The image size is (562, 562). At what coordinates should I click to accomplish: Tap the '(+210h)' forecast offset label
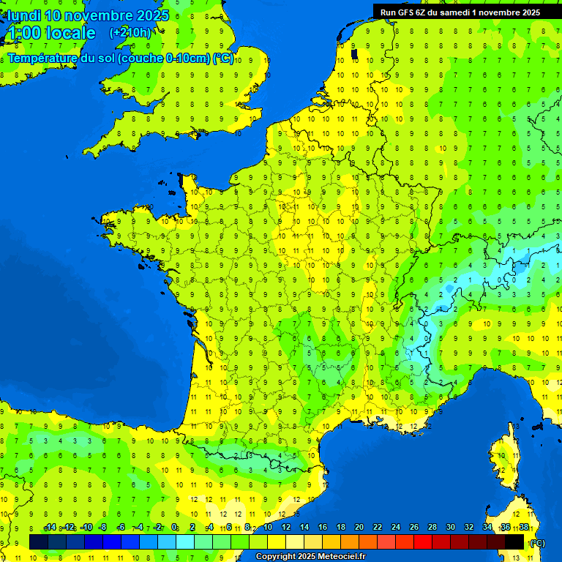click(x=130, y=32)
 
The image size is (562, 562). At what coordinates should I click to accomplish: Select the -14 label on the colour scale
click(x=50, y=528)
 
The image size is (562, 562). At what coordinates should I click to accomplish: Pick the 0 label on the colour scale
click(x=174, y=528)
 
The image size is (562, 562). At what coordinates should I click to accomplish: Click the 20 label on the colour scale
click(x=359, y=528)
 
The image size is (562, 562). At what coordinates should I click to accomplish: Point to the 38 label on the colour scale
click(x=524, y=528)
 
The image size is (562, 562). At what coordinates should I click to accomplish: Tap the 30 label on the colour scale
click(x=450, y=528)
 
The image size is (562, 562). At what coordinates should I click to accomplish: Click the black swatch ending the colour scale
click(x=515, y=542)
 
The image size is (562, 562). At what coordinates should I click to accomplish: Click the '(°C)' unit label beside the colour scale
click(x=537, y=542)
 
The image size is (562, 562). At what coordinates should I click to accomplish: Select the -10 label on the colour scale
click(x=86, y=528)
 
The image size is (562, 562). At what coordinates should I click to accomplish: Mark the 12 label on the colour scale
click(x=285, y=528)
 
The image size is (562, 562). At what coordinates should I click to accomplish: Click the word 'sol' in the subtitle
click(x=108, y=59)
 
